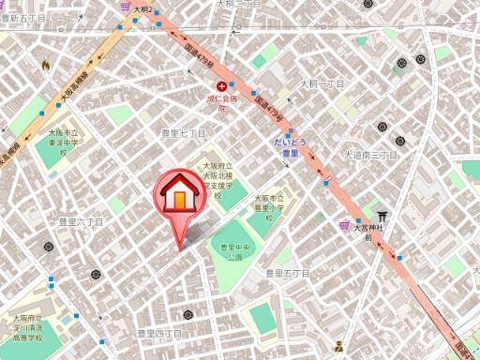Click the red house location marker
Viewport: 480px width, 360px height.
pyautogui.click(x=175, y=198)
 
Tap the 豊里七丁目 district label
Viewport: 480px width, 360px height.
pyautogui.click(x=183, y=134)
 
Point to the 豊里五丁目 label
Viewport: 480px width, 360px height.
pyautogui.click(x=287, y=273)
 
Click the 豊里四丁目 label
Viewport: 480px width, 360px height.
pyautogui.click(x=159, y=333)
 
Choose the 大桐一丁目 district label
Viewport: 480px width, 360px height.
pyautogui.click(x=322, y=83)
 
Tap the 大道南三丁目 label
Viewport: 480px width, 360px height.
pyautogui.click(x=370, y=154)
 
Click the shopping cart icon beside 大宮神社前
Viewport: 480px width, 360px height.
pyautogui.click(x=345, y=225)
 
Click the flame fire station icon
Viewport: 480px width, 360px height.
pyautogui.click(x=44, y=65)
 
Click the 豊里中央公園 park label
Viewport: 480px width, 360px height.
pyautogui.click(x=231, y=251)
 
